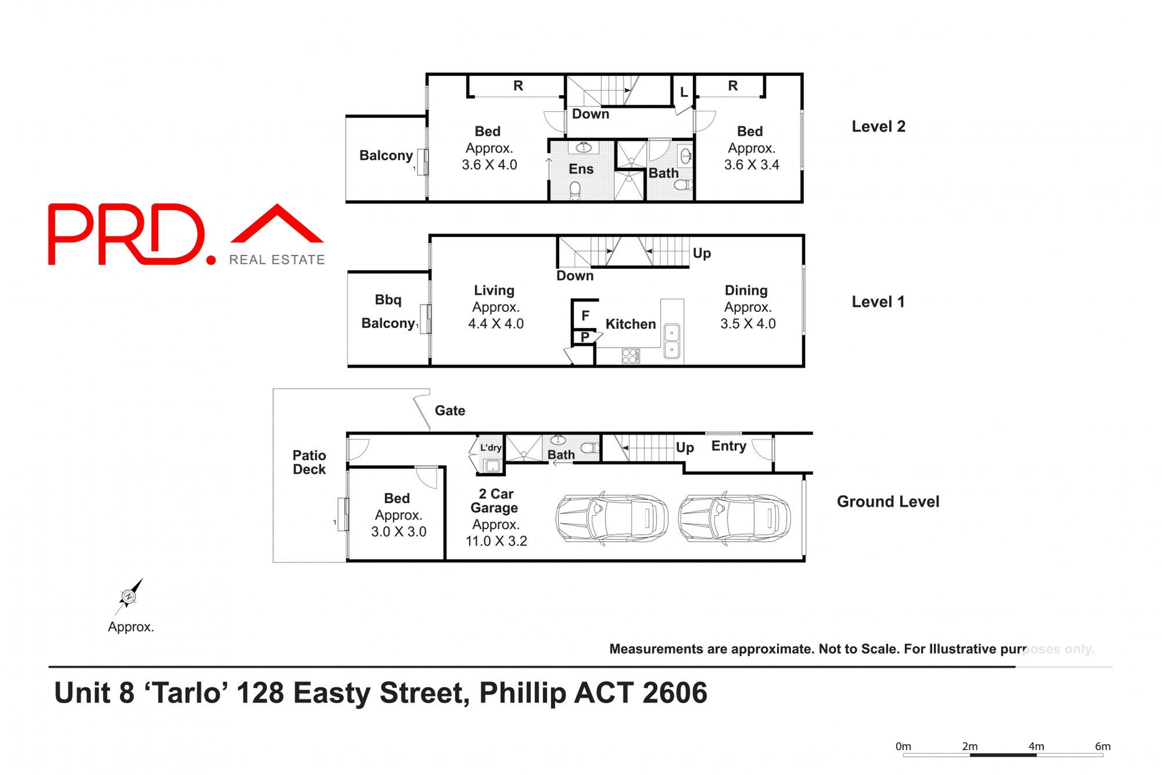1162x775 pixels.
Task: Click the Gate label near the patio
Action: coord(450,411)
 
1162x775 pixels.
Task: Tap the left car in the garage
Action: coord(611,518)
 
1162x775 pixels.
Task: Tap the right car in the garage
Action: coord(734,518)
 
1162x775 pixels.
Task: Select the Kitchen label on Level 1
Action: coord(631,324)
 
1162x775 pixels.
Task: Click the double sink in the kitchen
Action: coord(672,341)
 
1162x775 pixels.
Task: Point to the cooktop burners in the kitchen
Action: coord(630,356)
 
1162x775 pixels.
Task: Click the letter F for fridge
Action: coord(585,315)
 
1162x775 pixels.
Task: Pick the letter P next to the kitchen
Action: coord(585,337)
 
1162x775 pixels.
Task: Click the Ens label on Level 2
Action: coord(581,170)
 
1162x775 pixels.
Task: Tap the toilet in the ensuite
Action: coord(575,190)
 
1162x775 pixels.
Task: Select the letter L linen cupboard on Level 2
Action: coord(684,92)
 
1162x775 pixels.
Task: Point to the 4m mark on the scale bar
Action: coord(1036,747)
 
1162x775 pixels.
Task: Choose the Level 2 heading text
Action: coord(878,127)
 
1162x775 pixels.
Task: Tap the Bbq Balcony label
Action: coord(388,311)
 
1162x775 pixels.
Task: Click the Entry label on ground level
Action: coord(729,446)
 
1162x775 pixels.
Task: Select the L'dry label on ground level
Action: coord(491,448)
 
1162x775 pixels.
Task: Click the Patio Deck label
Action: coord(309,462)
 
